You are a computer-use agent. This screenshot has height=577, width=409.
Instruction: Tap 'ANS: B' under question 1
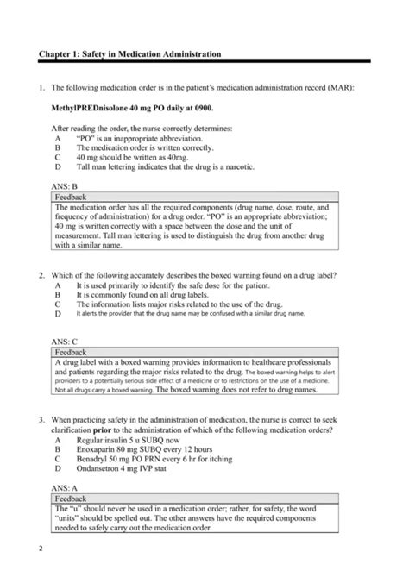pyautogui.click(x=66, y=185)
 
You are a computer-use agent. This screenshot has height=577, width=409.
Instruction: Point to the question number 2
pyautogui.click(x=41, y=275)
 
